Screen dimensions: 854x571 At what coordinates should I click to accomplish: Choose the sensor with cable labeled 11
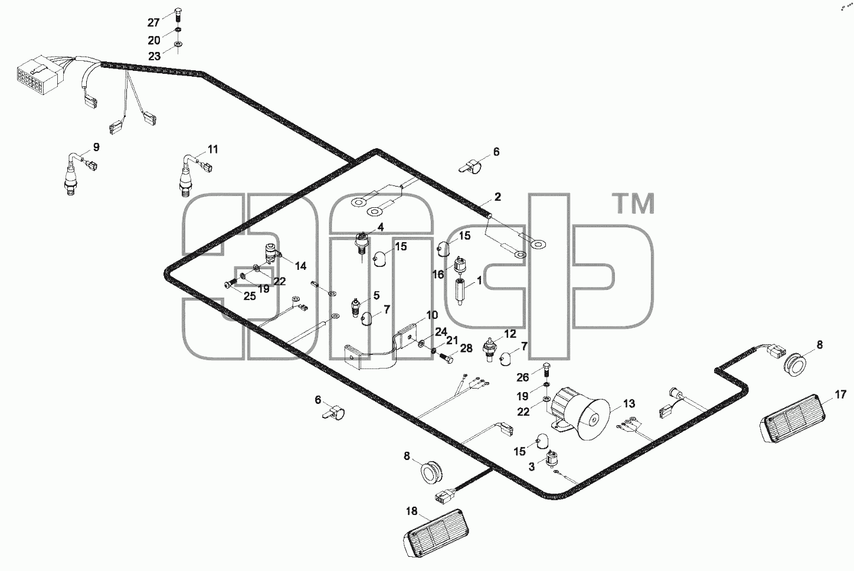194,174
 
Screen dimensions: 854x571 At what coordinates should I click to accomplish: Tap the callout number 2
497,197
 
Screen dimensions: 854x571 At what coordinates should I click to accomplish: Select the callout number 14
300,266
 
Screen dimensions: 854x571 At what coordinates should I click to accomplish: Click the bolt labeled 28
447,358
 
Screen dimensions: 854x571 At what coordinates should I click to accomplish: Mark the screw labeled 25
231,283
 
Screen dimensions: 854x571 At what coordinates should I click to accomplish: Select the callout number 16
439,274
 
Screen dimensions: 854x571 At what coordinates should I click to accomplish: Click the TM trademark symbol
633,204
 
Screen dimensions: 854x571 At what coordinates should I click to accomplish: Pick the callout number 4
380,227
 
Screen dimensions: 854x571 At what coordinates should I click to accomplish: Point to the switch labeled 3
551,459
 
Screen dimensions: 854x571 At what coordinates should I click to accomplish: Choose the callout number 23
155,57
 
